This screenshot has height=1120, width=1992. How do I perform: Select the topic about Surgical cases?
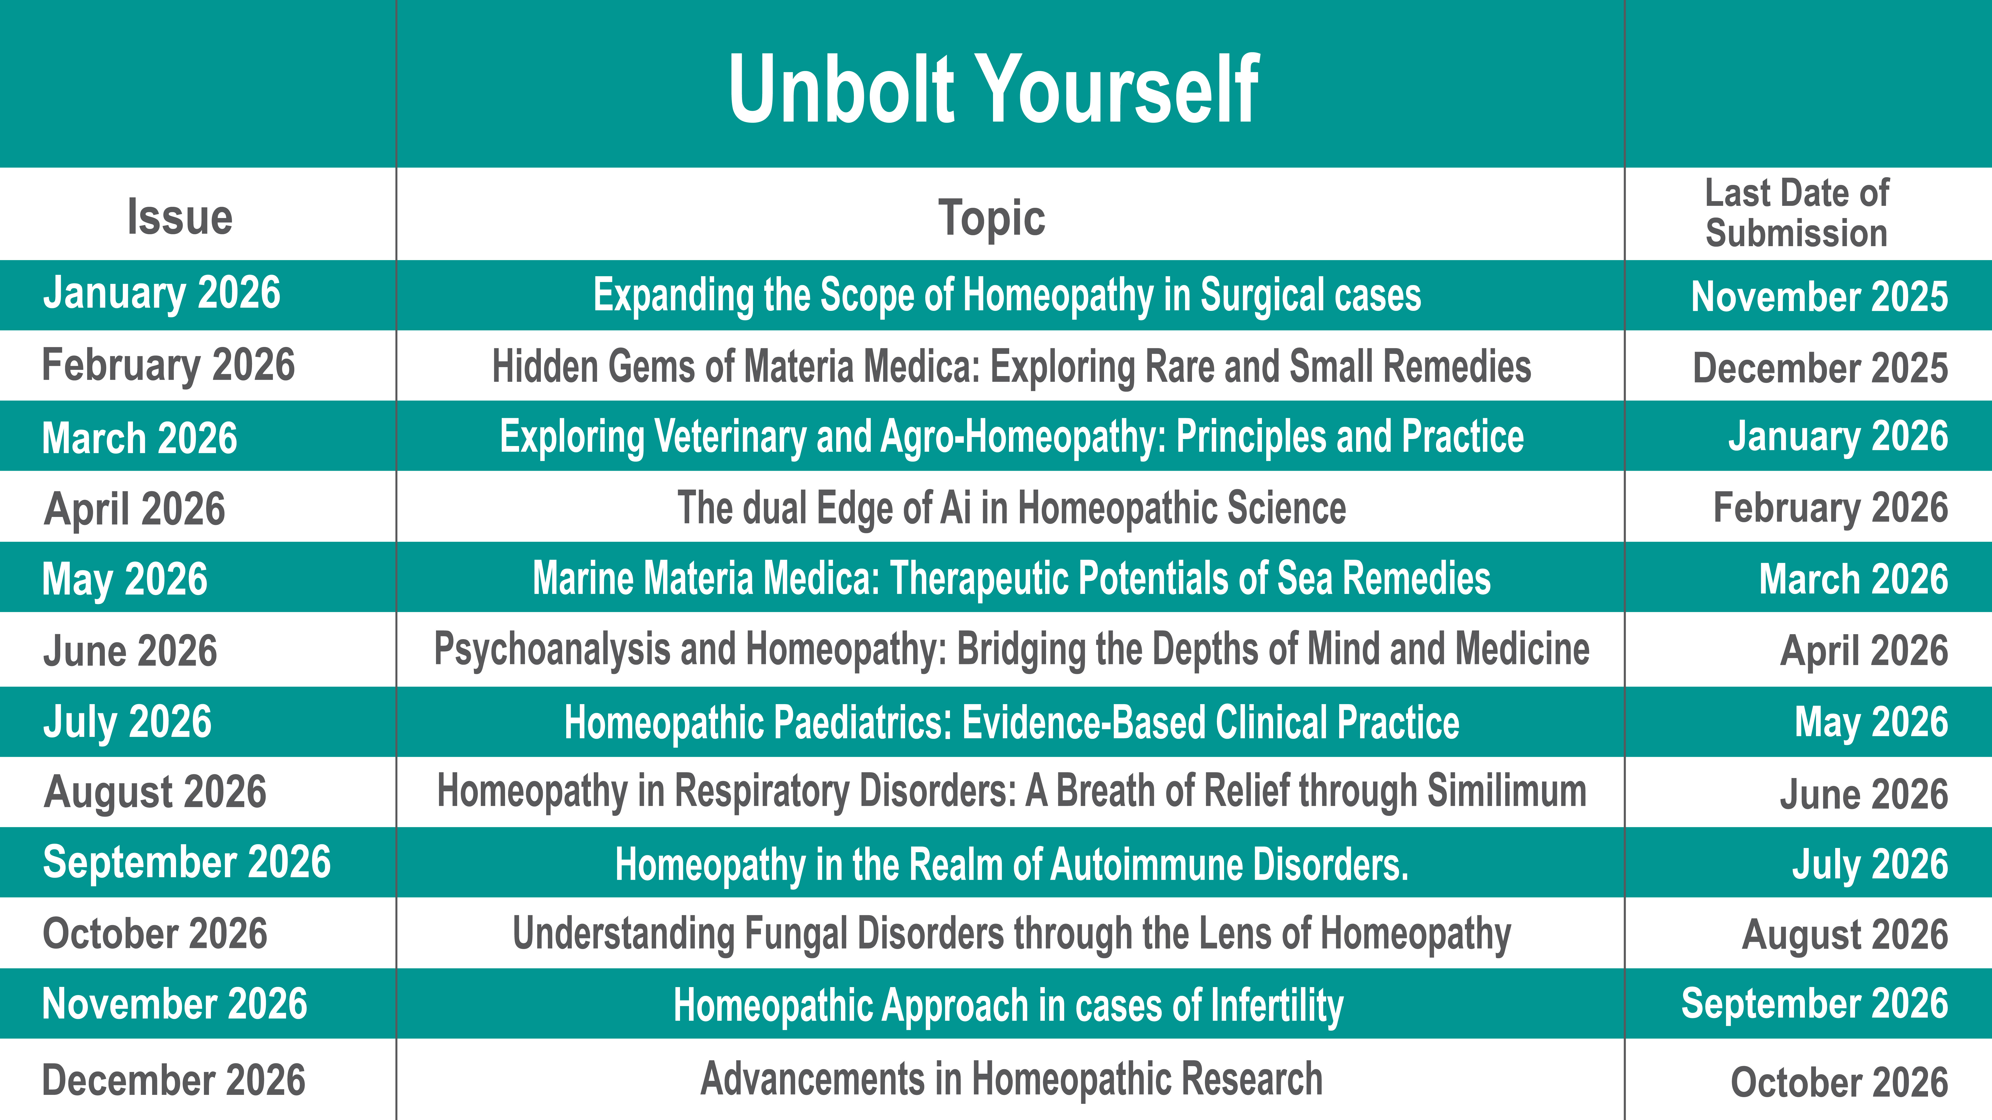pos(1007,295)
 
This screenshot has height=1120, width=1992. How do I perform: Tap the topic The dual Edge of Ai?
pos(1011,508)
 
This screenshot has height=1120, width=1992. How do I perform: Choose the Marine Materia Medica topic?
pos(1011,579)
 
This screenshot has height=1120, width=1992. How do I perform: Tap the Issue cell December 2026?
pos(174,1081)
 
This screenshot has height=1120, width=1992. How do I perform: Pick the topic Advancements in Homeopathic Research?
pos(1011,1079)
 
